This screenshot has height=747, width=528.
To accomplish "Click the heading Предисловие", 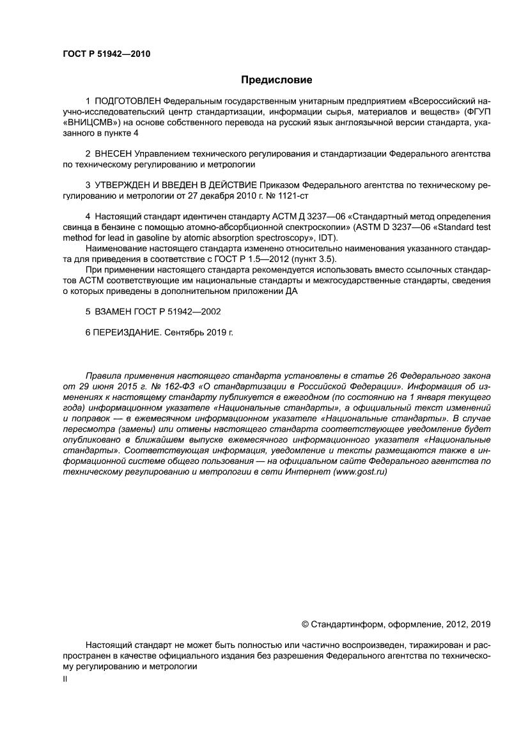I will coord(276,80).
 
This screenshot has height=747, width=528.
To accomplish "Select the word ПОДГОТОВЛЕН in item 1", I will coord(128,102).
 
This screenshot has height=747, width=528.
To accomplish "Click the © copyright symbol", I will coord(304,624).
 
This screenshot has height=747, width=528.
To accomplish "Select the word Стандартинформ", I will coord(343,624).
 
